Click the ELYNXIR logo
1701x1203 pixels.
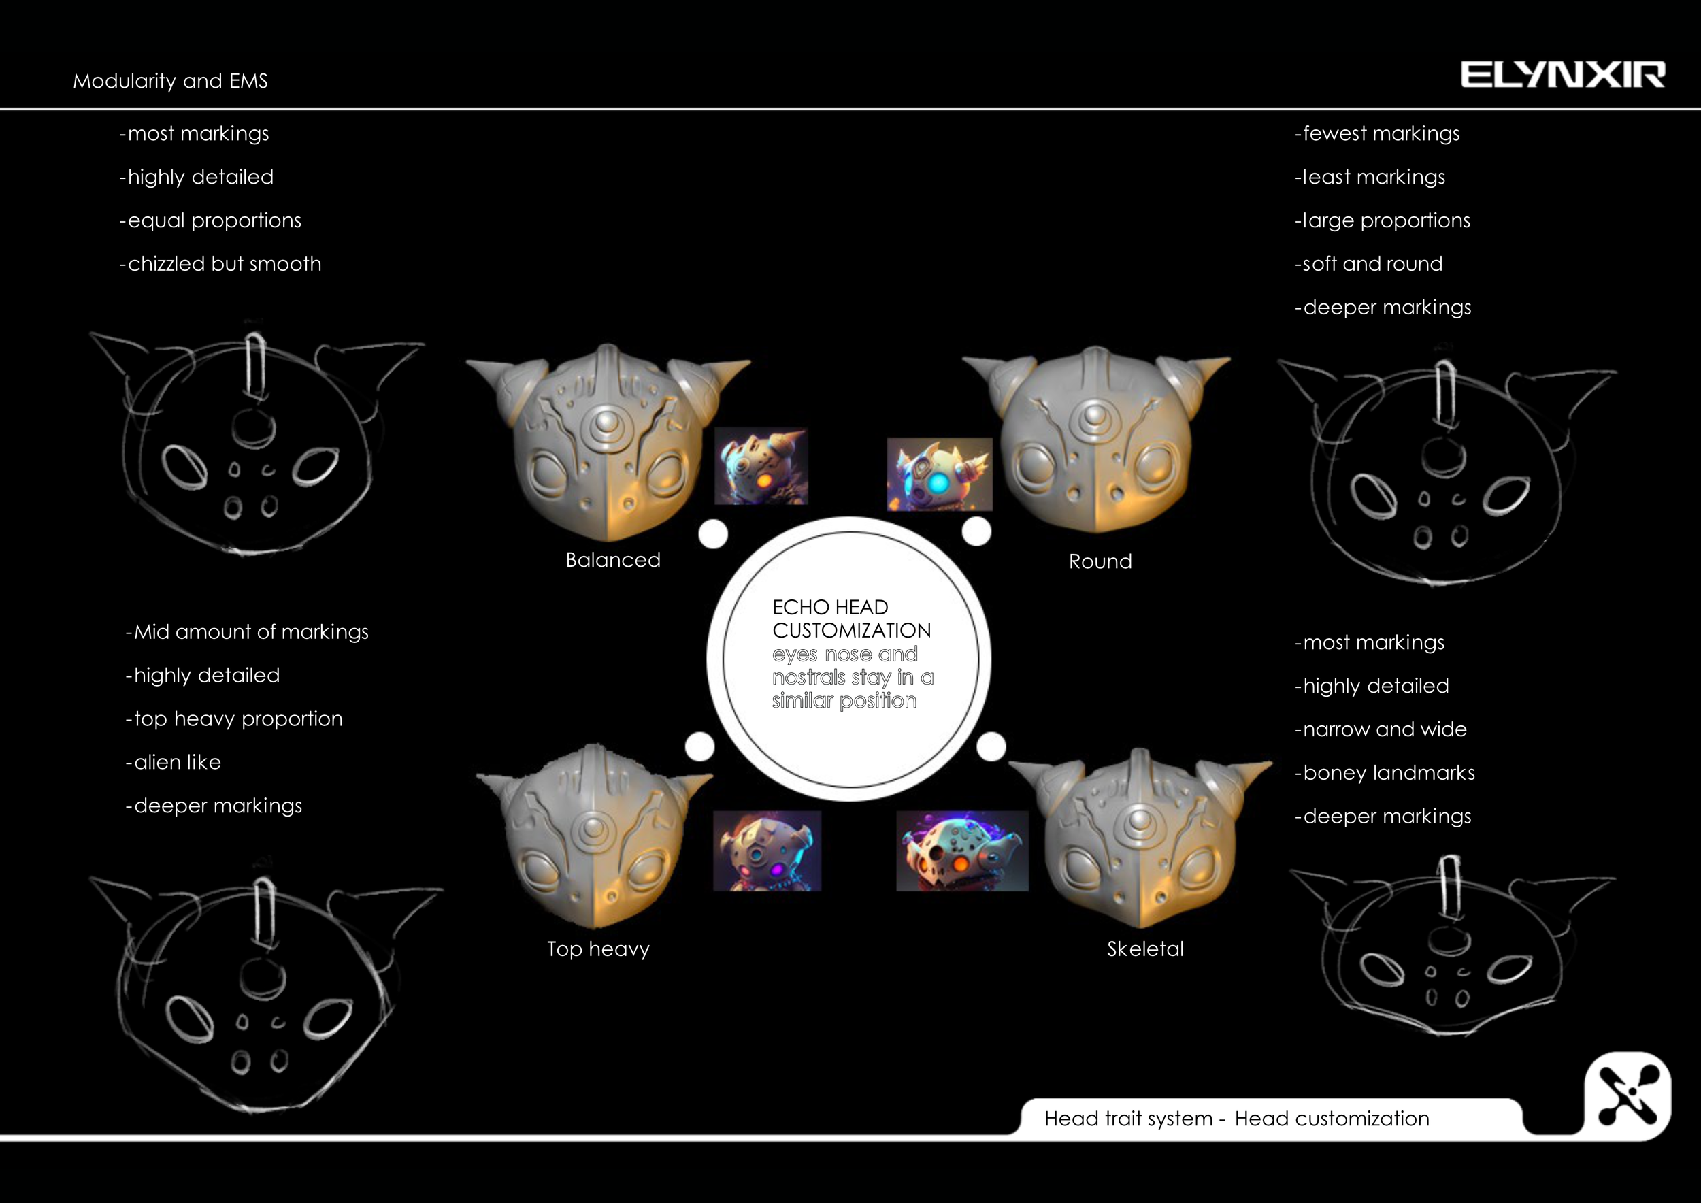(1562, 75)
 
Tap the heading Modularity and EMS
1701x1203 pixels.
(170, 81)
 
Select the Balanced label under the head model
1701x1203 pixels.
(612, 560)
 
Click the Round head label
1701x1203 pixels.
(1100, 561)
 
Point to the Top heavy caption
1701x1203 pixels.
(598, 949)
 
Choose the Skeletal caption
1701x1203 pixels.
(1144, 949)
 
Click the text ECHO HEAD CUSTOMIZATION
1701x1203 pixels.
(851, 619)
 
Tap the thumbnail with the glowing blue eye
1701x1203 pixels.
(940, 474)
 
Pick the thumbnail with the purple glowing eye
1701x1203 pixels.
(767, 851)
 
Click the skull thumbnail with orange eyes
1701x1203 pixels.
(961, 851)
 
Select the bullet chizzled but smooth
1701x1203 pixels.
(220, 264)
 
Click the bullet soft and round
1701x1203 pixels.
(1369, 264)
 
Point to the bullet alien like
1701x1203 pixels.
(174, 762)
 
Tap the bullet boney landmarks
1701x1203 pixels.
(1385, 772)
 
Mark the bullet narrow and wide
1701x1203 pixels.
(1381, 729)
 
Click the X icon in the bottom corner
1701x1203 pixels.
(1628, 1095)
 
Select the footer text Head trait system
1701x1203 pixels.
(1127, 1119)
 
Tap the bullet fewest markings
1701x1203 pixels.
(1377, 133)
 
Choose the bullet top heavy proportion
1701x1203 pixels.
(234, 719)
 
